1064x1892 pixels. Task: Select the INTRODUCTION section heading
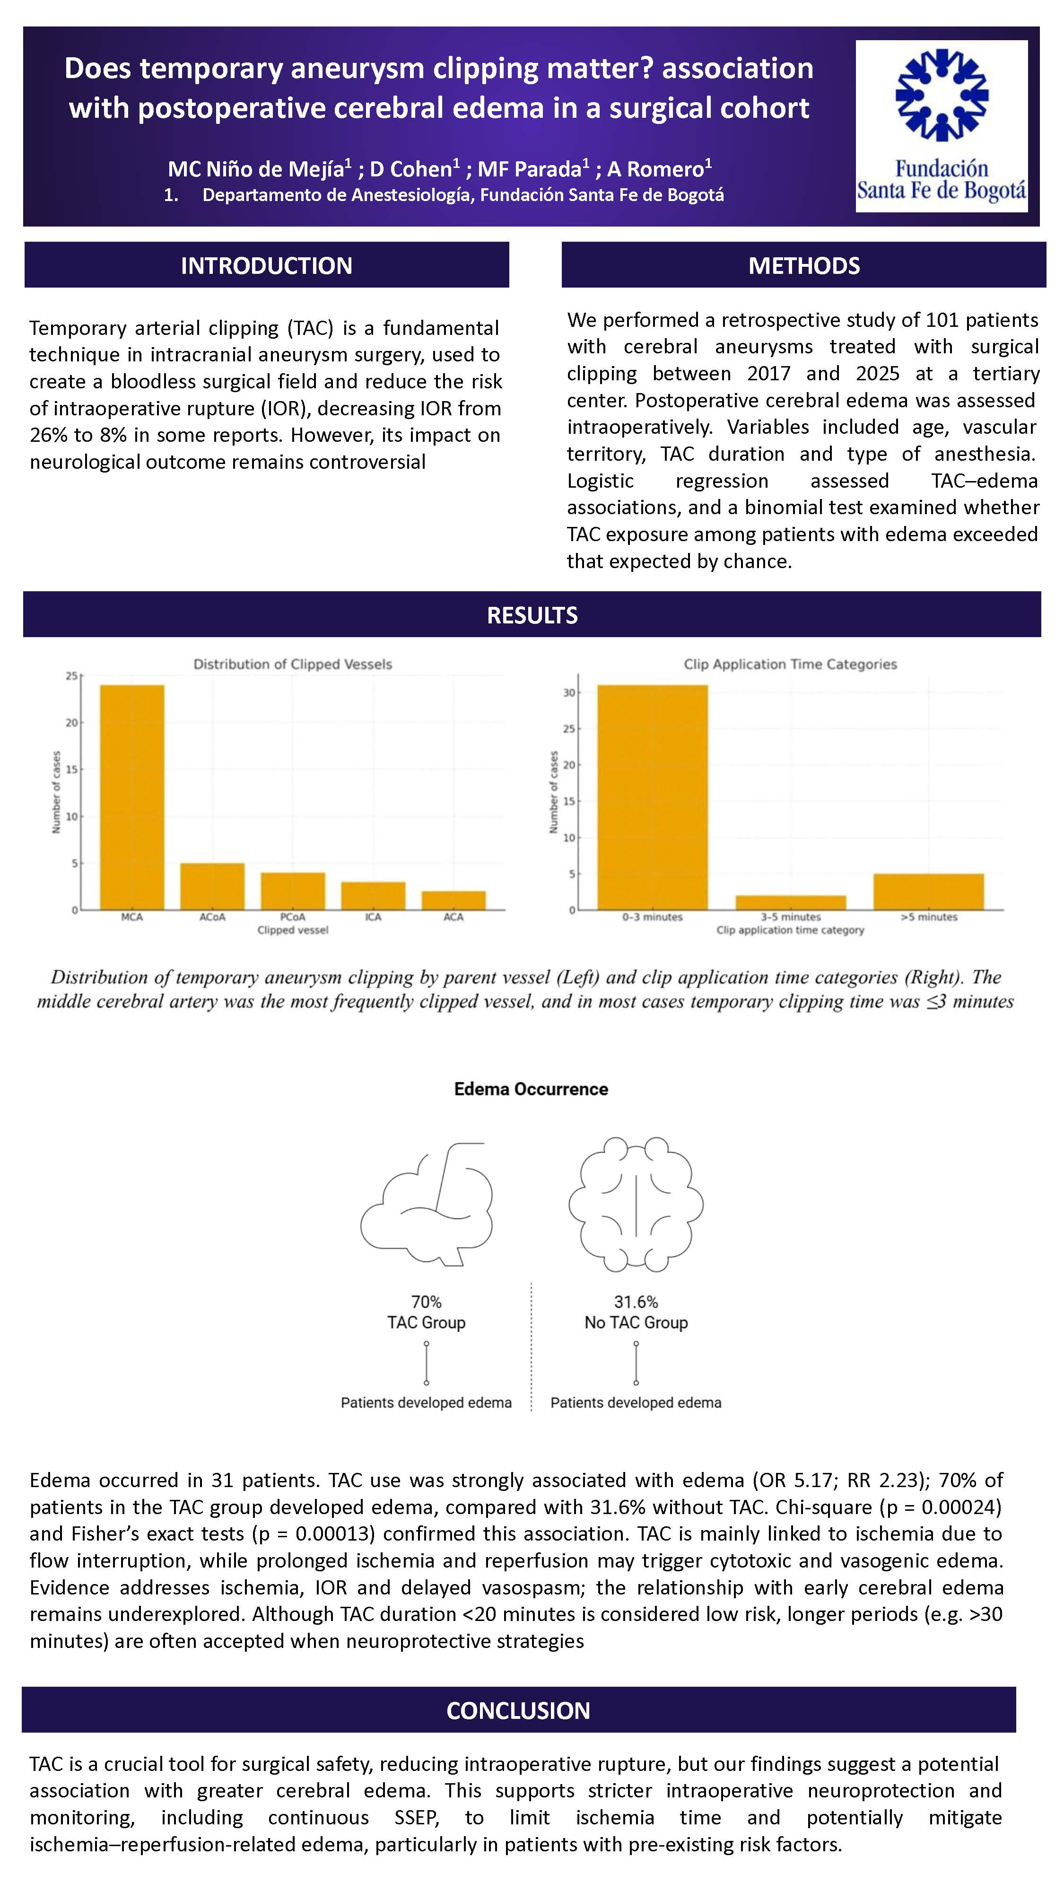tap(267, 265)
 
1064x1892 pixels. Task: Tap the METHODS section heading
tap(803, 265)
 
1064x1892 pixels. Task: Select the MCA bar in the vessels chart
tap(132, 797)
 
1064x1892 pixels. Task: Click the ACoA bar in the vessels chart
tap(212, 886)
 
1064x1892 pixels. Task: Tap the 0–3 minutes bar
tap(652, 797)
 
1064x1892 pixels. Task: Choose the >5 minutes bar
tap(929, 892)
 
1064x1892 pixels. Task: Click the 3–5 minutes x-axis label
tap(790, 917)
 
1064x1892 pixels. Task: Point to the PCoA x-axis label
tap(292, 917)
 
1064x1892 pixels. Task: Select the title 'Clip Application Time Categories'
tap(790, 664)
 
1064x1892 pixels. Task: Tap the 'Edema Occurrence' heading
tap(531, 1088)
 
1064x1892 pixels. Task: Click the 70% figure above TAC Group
tap(426, 1302)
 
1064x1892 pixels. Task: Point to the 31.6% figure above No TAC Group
tap(636, 1302)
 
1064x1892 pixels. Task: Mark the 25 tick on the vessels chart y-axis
tap(71, 676)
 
